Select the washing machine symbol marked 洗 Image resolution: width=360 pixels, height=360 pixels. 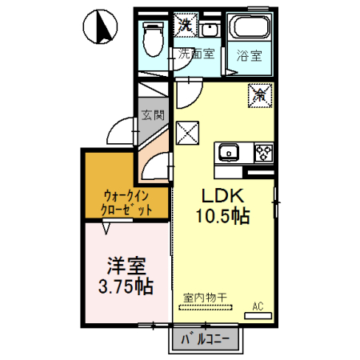[186, 26]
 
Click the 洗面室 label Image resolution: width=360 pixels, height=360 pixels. [196, 54]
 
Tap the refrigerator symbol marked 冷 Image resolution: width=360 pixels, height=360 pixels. [260, 94]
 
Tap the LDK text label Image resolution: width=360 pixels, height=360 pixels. [222, 195]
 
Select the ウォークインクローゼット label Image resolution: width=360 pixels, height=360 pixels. [126, 201]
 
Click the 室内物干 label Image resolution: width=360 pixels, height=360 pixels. [205, 297]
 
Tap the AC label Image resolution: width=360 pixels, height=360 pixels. [258, 305]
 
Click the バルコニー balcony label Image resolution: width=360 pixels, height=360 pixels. [204, 340]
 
